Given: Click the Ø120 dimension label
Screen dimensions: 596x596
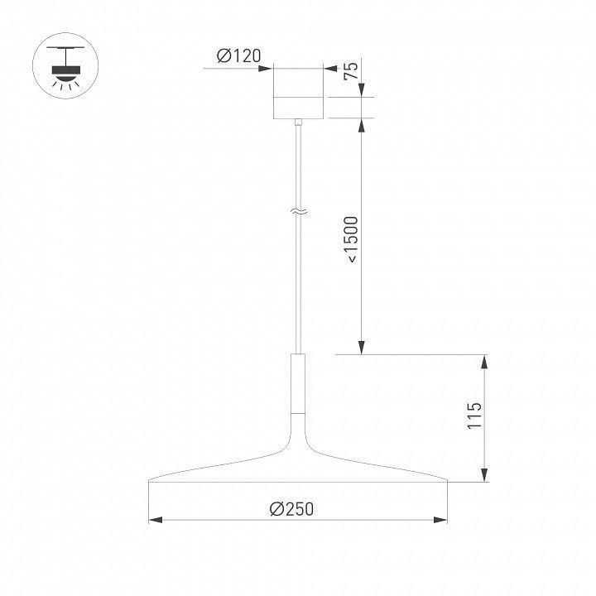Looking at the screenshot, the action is point(238,56).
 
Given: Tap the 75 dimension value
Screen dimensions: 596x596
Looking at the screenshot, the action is point(351,70).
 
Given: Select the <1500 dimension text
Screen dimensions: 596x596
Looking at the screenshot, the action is point(350,240).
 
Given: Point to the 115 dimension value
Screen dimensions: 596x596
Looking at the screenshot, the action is point(474,415).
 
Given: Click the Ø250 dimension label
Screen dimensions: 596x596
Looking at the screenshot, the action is point(291,509).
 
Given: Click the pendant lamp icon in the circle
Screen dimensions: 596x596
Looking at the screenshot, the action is point(65,65).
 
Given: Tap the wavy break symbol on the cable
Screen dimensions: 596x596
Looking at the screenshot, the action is point(298,213).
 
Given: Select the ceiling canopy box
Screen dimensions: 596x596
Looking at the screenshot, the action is point(298,94).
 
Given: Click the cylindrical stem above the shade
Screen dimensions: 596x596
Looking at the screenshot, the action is point(298,383).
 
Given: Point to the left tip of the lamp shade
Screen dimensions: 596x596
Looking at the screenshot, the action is point(149,481).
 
